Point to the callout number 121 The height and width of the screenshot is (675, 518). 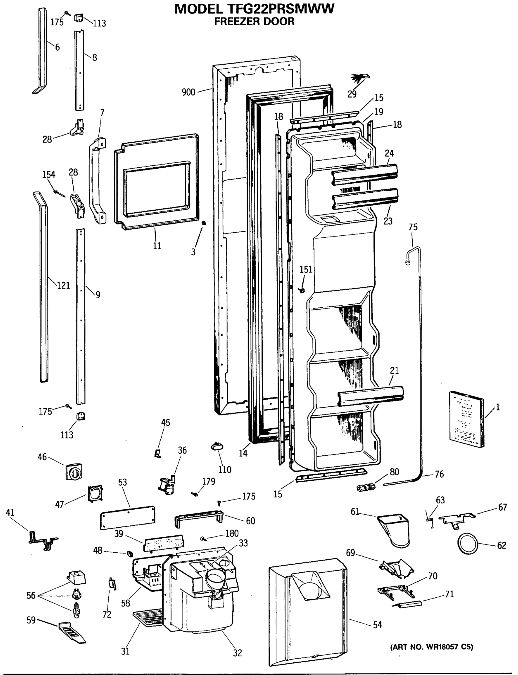tap(64, 285)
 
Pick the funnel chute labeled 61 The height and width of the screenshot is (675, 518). tap(394, 530)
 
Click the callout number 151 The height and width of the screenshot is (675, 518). tap(306, 269)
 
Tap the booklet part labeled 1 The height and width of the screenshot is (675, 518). tap(466, 419)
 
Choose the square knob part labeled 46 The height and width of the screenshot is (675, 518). tap(74, 471)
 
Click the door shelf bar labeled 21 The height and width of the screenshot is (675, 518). tap(370, 397)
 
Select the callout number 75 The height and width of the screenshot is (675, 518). tap(413, 227)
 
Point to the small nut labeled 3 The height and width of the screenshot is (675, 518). tap(203, 223)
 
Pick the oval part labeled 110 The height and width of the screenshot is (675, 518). tap(217, 446)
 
